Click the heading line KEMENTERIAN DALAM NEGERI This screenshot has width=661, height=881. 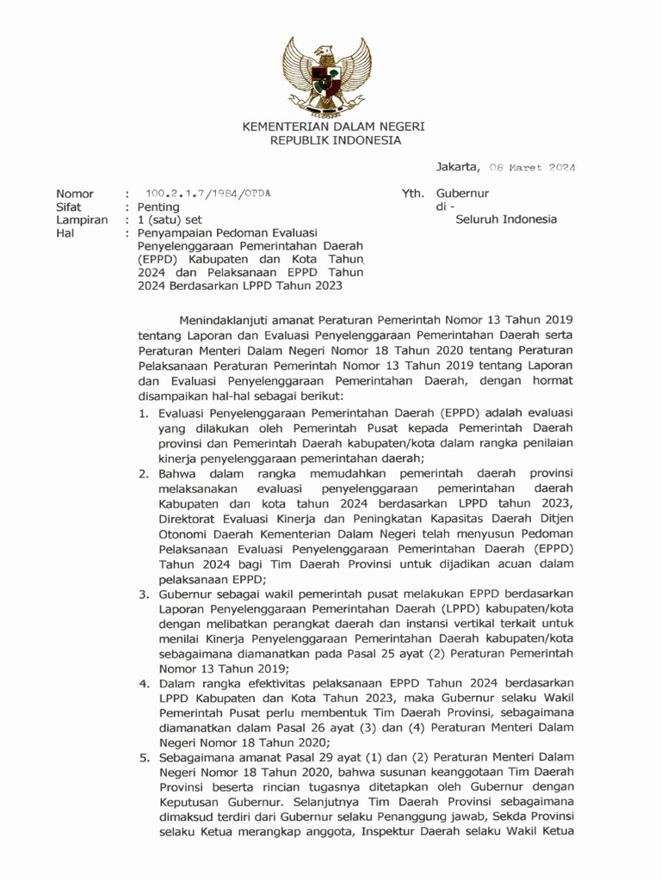click(333, 126)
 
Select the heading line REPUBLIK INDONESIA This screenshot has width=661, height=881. click(333, 140)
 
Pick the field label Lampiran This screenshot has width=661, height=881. click(81, 220)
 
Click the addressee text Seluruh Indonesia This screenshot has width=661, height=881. click(505, 219)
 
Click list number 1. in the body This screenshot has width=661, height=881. click(145, 414)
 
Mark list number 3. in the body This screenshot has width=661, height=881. click(145, 594)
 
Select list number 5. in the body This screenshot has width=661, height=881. click(145, 758)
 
